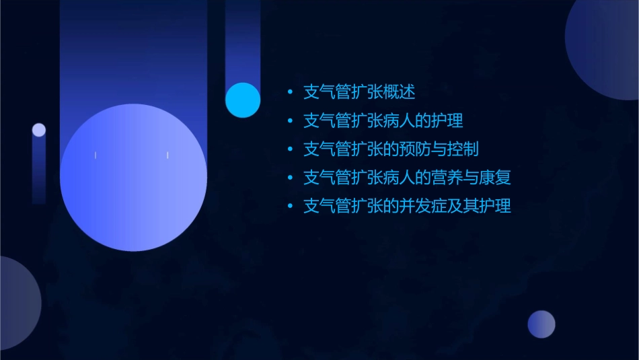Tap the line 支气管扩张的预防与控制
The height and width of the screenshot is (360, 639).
click(x=391, y=149)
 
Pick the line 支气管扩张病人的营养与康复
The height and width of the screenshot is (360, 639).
click(x=407, y=178)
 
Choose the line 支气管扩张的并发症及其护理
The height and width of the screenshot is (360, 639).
click(x=407, y=206)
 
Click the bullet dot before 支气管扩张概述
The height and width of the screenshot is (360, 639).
click(x=290, y=92)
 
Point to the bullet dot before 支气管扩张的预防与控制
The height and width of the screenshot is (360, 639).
click(x=290, y=149)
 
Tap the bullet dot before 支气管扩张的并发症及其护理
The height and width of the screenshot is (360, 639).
click(x=290, y=206)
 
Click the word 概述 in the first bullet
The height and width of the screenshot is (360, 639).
click(x=408, y=92)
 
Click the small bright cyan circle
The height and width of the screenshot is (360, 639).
click(x=243, y=100)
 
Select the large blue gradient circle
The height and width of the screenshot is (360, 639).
click(x=133, y=178)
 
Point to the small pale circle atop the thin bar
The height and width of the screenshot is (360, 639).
click(x=39, y=130)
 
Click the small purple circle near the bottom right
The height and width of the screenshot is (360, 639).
click(x=541, y=324)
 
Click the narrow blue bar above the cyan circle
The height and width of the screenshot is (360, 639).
click(x=242, y=40)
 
